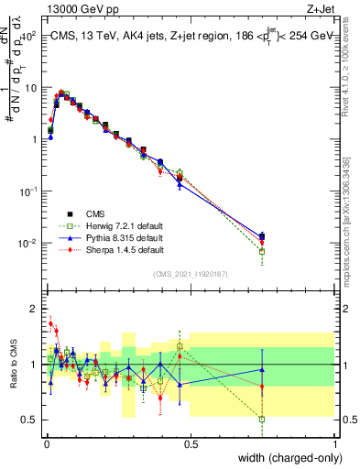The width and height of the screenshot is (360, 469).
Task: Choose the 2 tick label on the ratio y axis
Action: [x=33, y=308]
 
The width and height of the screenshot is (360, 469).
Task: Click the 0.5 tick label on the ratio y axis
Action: [x=29, y=420]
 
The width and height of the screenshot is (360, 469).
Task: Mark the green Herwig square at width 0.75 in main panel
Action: [x=263, y=251]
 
